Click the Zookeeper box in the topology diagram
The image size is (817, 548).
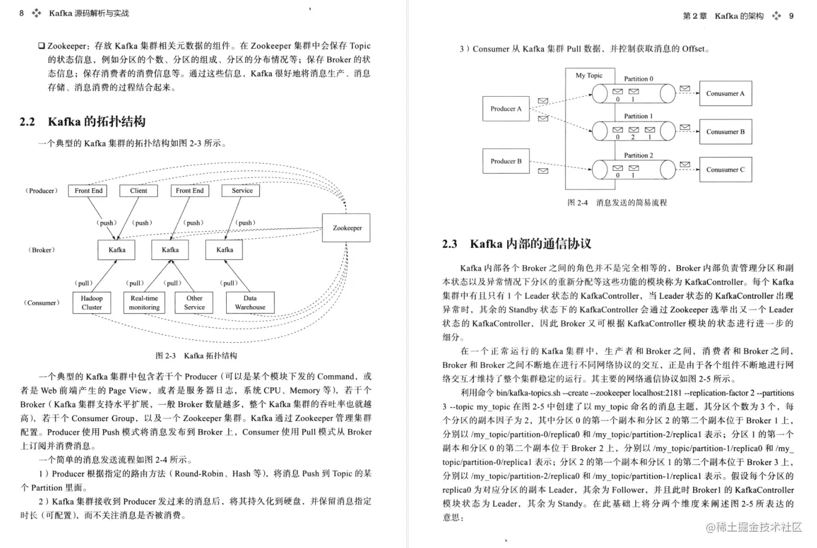347,228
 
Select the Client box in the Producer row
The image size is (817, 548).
138,191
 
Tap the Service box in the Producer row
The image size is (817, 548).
242,191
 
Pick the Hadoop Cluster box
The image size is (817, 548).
92,303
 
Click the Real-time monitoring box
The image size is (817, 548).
144,303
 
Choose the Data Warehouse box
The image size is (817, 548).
250,303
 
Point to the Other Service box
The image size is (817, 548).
194,303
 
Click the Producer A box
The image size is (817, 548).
506,109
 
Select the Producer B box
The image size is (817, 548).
506,161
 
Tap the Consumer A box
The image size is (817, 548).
725,94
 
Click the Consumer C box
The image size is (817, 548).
725,170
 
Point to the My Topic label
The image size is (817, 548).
589,76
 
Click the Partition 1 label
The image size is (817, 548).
638,116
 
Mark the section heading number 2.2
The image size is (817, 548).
27,122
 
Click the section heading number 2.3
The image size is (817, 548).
449,244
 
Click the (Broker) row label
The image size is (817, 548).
42,250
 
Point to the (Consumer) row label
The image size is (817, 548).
42,303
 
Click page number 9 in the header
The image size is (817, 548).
791,16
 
